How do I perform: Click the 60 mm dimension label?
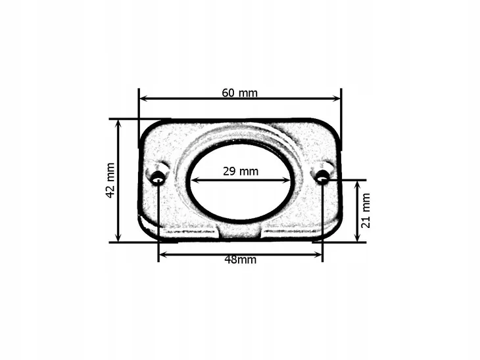pos(240,93)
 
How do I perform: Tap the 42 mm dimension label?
pos(110,181)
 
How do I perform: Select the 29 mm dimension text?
pos(241,171)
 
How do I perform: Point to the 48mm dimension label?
pos(240,259)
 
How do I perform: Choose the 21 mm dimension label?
pos(366,210)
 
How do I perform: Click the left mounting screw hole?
pos(158,179)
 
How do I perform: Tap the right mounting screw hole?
pos(322,177)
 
